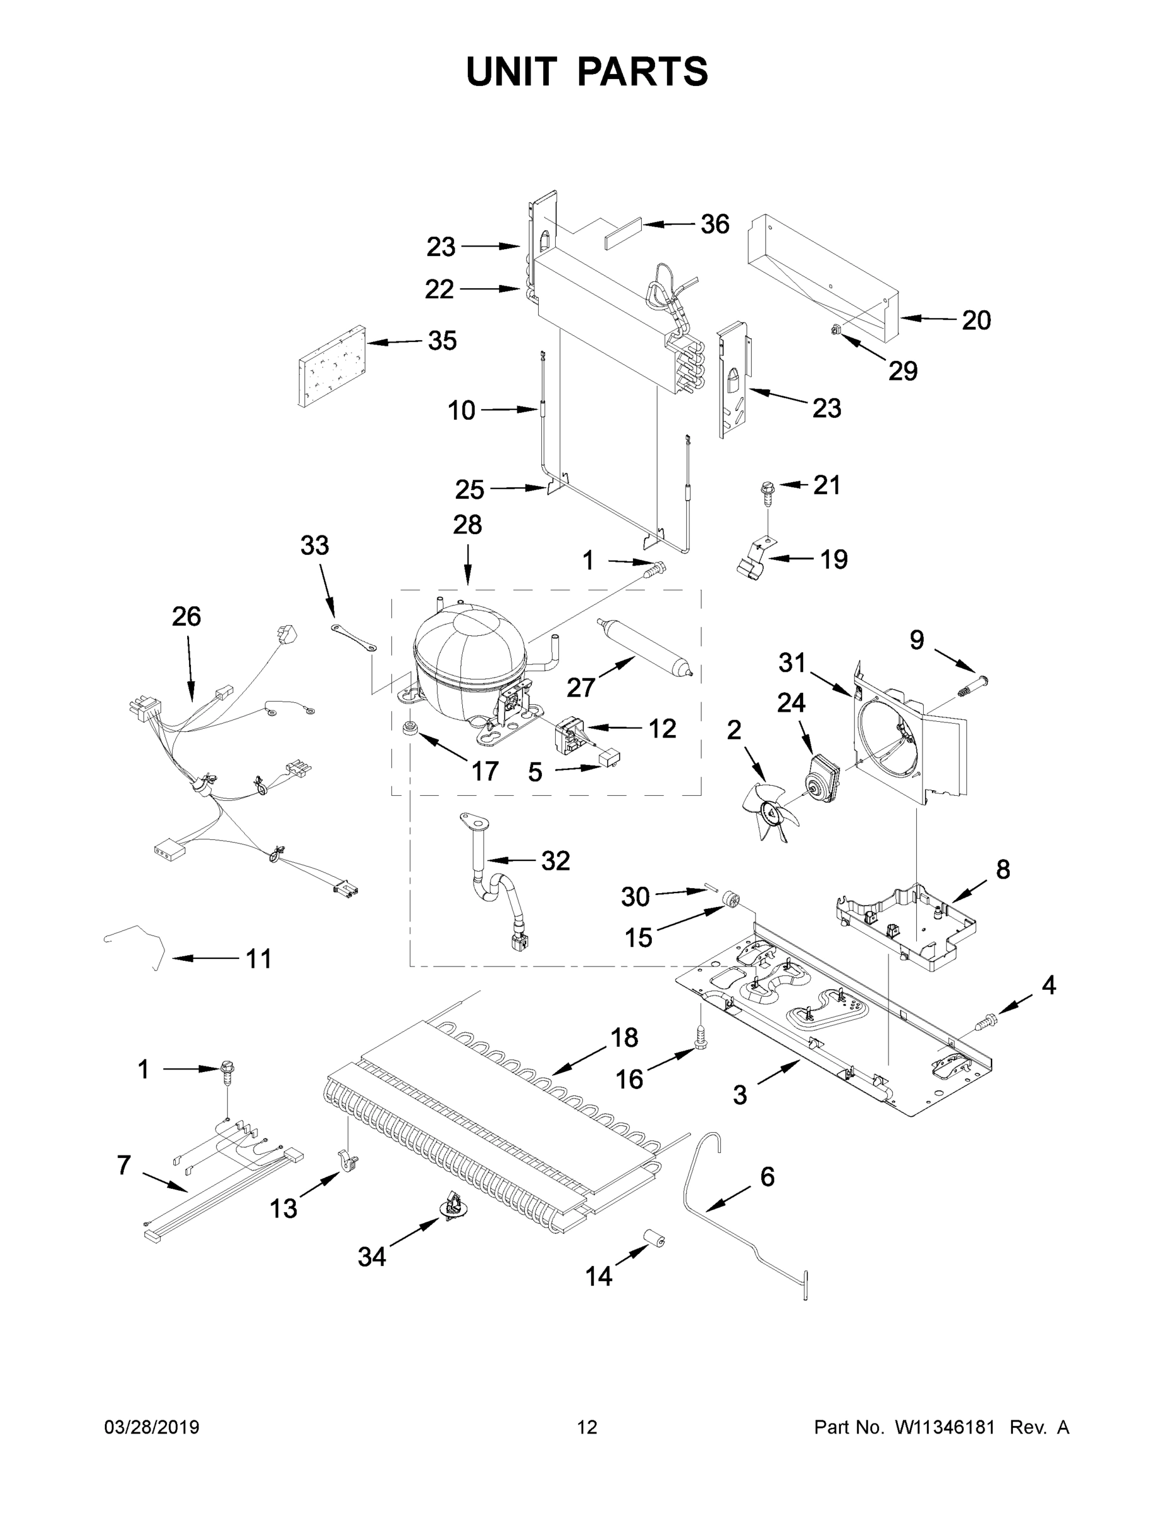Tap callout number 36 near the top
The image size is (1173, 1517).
(x=715, y=224)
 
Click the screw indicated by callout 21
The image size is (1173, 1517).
(x=767, y=491)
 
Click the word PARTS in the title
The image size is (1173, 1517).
(x=643, y=71)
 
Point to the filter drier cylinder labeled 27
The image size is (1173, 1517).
(x=644, y=645)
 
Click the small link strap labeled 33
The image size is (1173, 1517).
(x=353, y=637)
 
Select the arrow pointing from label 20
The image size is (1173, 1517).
(x=928, y=319)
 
